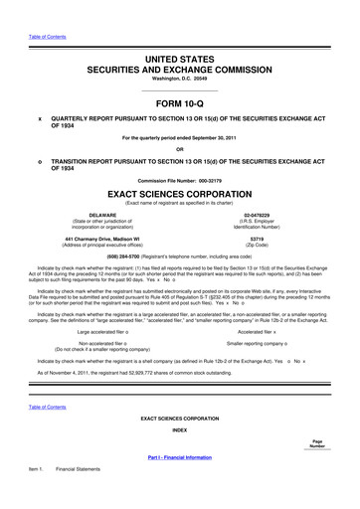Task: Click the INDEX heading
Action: pyautogui.click(x=180, y=430)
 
